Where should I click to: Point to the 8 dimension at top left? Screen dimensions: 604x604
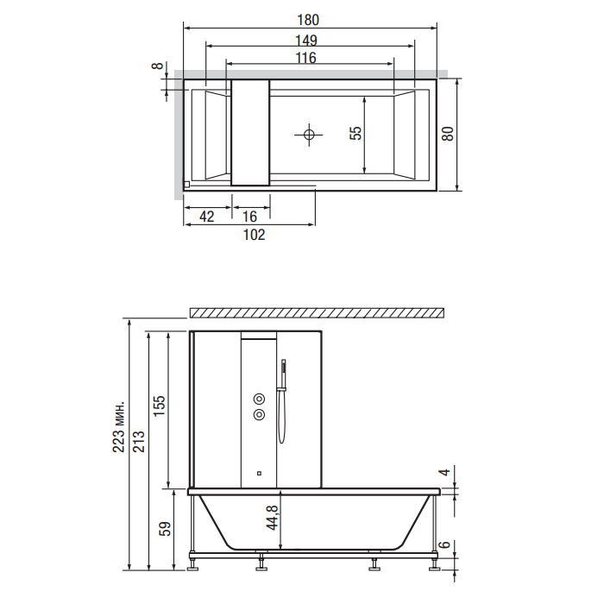[x=155, y=67]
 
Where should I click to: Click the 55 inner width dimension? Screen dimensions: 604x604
[x=355, y=133]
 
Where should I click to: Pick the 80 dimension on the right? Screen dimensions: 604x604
[x=447, y=134]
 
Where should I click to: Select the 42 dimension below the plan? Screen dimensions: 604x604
[x=207, y=216]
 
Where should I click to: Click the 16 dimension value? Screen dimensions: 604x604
[x=250, y=216]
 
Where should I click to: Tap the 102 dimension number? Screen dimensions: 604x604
[x=253, y=235]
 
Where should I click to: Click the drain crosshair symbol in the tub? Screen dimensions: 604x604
[x=308, y=134]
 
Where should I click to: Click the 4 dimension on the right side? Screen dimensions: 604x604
[x=444, y=473]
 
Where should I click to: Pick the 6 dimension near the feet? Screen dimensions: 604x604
[x=444, y=545]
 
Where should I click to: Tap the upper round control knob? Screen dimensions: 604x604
[x=258, y=398]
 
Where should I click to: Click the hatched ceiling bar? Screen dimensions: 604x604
[x=317, y=311]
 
